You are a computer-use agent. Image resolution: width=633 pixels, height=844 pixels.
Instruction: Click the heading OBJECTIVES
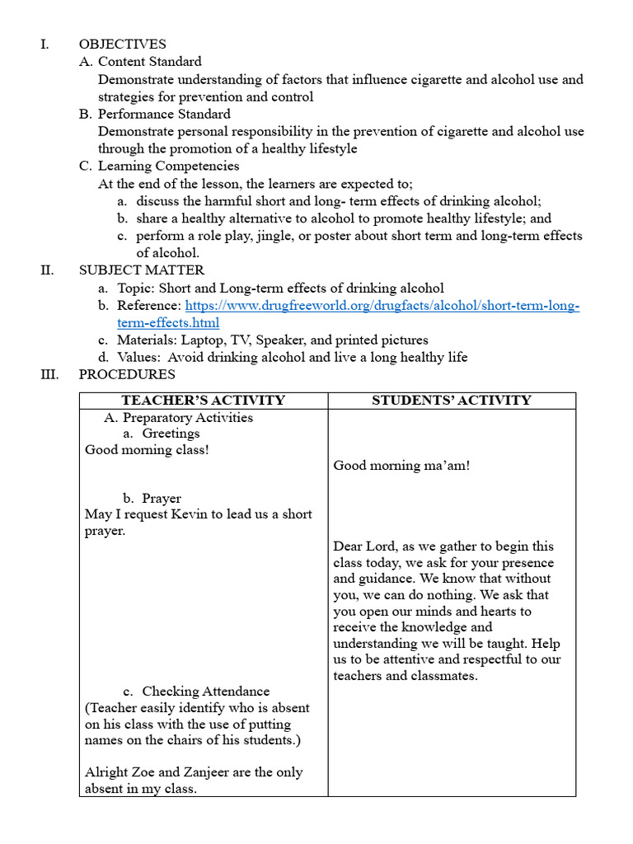point(122,45)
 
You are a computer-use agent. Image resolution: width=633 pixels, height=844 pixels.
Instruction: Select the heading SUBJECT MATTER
point(141,270)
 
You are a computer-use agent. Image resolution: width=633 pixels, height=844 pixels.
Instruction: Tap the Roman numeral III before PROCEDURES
point(49,374)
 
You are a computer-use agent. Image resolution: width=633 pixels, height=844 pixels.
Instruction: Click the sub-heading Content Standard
point(149,62)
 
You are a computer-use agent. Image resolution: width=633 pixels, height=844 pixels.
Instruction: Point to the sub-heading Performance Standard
point(164,114)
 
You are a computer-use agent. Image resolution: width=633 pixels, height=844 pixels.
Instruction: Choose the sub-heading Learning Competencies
point(168,166)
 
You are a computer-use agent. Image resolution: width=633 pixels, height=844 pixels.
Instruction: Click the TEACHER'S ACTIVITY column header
point(203,401)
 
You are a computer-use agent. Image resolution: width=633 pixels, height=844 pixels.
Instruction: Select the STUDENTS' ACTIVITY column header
point(451,401)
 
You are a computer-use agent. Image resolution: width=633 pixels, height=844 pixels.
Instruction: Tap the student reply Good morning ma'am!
point(401,466)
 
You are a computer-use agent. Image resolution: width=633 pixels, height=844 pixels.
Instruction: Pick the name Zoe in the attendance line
point(137,772)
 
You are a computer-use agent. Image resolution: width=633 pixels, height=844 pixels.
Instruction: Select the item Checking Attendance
point(205,692)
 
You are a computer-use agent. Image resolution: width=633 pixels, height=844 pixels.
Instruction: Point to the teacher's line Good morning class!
point(147,450)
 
